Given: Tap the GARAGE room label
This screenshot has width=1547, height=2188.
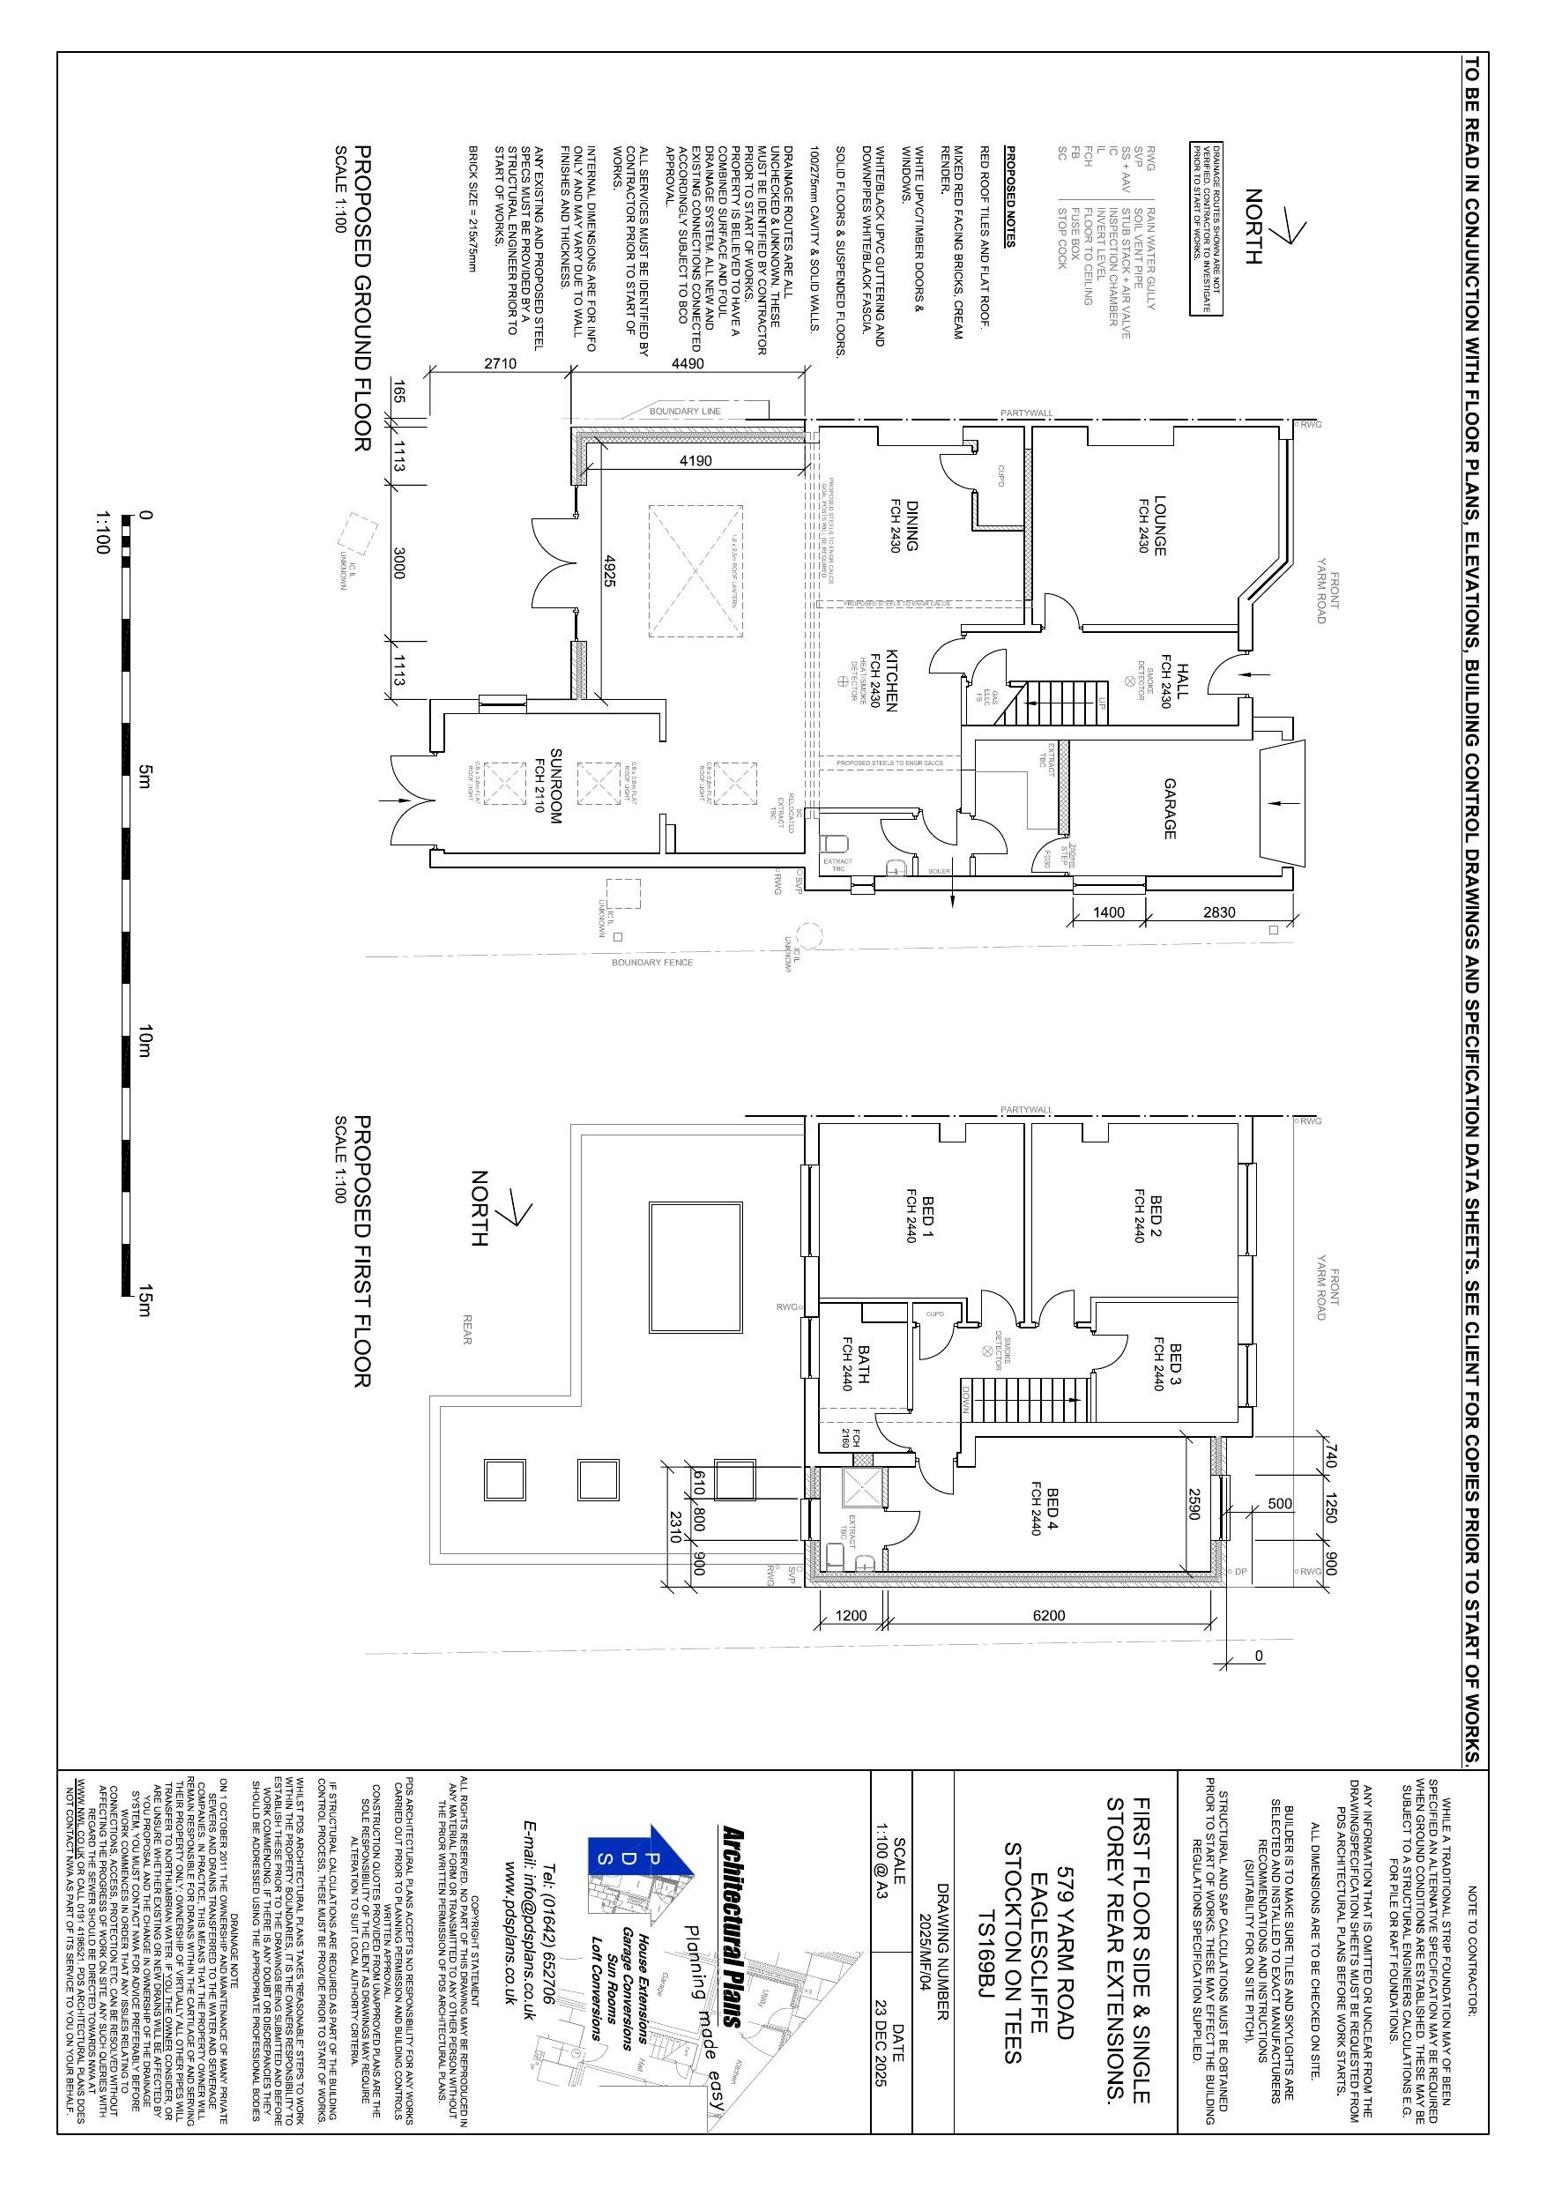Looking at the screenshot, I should pyautogui.click(x=1170, y=809).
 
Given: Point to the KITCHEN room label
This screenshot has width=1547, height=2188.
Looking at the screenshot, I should pyautogui.click(x=892, y=681).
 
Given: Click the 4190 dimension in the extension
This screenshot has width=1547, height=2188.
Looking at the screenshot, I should pyautogui.click(x=695, y=460).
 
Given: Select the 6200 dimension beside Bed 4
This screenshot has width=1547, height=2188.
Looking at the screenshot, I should pyautogui.click(x=1048, y=1615).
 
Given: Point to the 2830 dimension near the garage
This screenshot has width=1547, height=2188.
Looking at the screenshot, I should pyautogui.click(x=1218, y=912).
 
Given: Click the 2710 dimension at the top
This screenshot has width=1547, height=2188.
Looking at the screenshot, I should pyautogui.click(x=500, y=363).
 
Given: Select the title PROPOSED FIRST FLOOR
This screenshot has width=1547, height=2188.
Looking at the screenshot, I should pyautogui.click(x=362, y=1251).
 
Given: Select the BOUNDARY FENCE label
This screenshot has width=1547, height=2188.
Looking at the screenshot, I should pyautogui.click(x=652, y=963).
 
